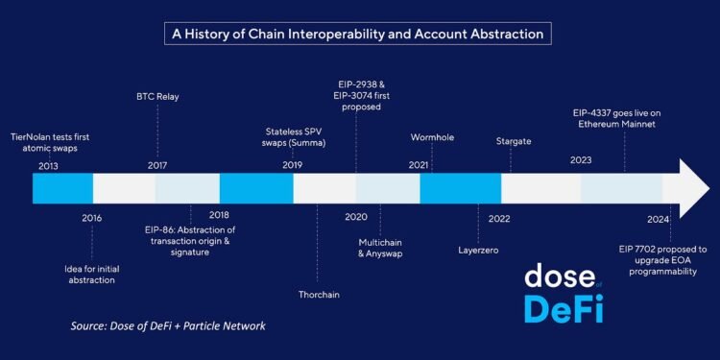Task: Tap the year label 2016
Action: click(x=92, y=218)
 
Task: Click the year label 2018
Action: click(x=219, y=215)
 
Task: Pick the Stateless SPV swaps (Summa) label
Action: click(x=295, y=137)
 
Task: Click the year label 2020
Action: click(x=355, y=218)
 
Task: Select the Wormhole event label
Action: click(x=432, y=137)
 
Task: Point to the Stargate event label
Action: click(x=514, y=141)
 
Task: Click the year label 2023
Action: click(x=581, y=160)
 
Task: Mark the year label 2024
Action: click(x=658, y=218)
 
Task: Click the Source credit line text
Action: click(x=168, y=326)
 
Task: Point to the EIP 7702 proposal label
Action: click(x=658, y=259)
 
